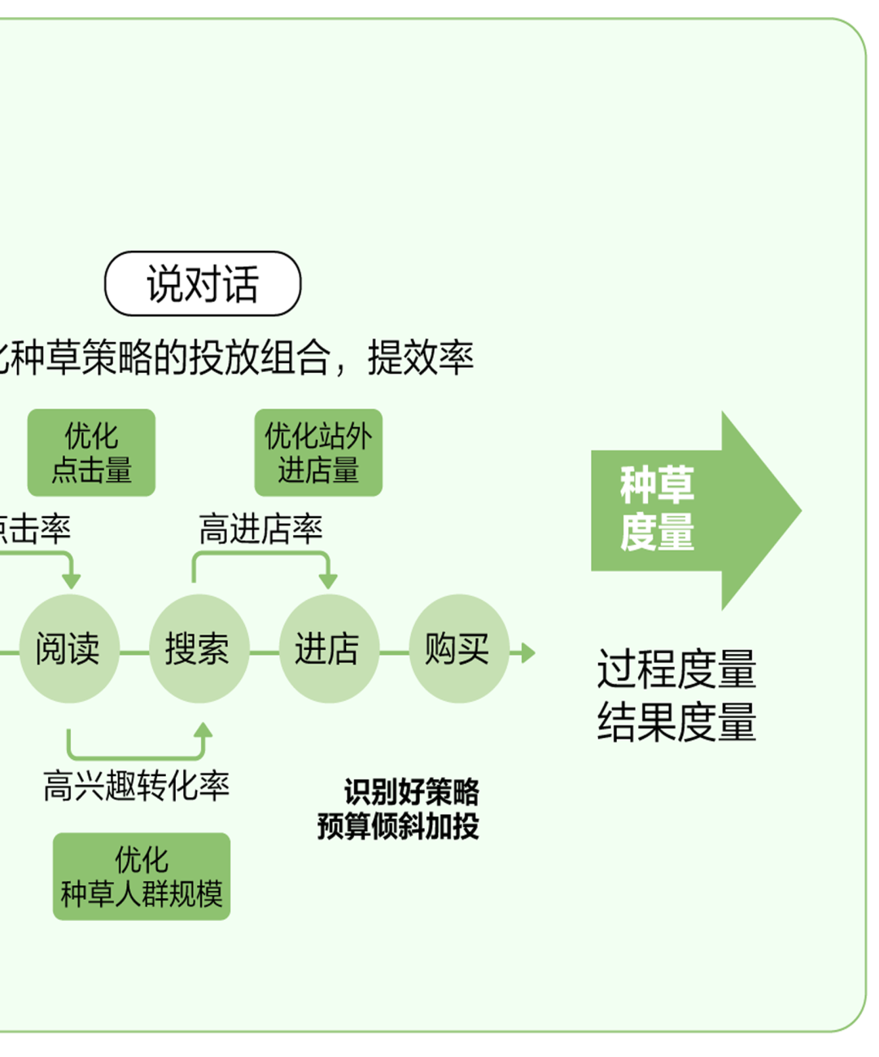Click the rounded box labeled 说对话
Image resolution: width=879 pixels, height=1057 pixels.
(x=203, y=283)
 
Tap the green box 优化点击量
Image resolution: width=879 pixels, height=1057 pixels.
(x=91, y=453)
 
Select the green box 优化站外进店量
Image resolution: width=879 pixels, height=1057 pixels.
(x=318, y=453)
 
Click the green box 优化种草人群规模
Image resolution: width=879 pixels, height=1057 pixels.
(x=142, y=876)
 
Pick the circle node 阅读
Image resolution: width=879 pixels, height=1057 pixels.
(x=68, y=649)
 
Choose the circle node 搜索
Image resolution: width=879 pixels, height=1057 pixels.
(x=198, y=649)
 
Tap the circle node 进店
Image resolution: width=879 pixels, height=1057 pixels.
(x=327, y=649)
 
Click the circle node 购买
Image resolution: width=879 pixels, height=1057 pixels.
(x=457, y=649)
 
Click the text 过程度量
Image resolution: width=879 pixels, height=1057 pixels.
(x=676, y=669)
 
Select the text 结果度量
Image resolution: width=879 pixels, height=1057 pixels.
(x=676, y=721)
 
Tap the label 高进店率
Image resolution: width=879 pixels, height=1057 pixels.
(x=260, y=529)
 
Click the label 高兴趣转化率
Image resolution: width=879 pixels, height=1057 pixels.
(x=137, y=786)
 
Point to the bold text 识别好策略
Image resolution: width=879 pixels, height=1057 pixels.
(x=411, y=792)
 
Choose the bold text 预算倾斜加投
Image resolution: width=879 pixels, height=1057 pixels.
(x=398, y=826)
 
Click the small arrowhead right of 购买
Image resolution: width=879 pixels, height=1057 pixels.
(x=527, y=652)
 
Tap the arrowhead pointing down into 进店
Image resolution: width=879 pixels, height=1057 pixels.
(x=328, y=581)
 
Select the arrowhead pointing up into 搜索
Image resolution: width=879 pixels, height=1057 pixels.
(x=203, y=729)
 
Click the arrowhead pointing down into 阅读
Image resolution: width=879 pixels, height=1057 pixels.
(x=72, y=581)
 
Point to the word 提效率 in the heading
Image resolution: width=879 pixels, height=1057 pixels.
(x=420, y=357)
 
